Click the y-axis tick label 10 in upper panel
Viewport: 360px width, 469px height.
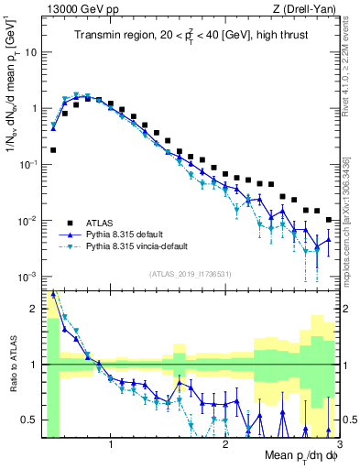30,51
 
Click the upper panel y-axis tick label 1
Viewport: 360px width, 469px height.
33,108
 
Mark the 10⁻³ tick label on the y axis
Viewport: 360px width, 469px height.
27,278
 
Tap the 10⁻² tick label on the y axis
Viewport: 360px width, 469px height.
27,221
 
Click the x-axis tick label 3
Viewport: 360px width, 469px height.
338,445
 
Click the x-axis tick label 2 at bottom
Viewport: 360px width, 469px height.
225,445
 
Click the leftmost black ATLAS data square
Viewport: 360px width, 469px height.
53,149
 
